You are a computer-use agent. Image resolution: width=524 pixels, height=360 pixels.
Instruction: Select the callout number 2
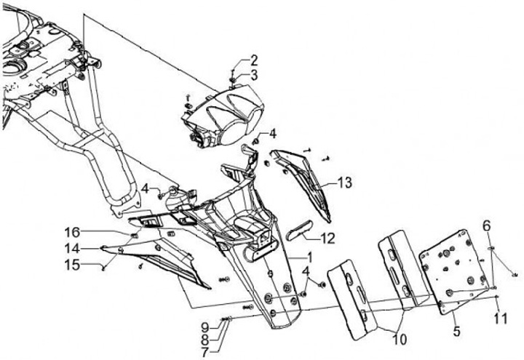[x=254, y=60]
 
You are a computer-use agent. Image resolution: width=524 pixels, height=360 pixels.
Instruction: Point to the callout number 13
[x=344, y=183]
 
